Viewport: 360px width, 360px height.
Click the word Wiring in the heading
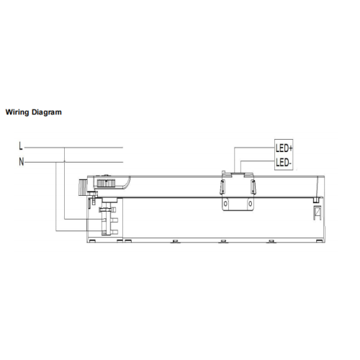tap(17, 112)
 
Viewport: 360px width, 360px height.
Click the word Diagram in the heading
tap(47, 112)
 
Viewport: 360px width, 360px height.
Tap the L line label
tap(21, 146)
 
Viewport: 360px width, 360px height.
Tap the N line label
tap(22, 162)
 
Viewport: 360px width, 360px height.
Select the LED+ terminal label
tap(284, 148)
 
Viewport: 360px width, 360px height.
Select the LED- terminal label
tap(284, 163)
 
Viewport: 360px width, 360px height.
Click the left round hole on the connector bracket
tap(225, 204)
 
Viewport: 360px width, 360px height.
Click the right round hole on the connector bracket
tap(251, 204)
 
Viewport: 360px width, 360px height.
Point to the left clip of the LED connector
tap(222, 186)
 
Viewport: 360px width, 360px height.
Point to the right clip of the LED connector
tap(253, 186)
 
